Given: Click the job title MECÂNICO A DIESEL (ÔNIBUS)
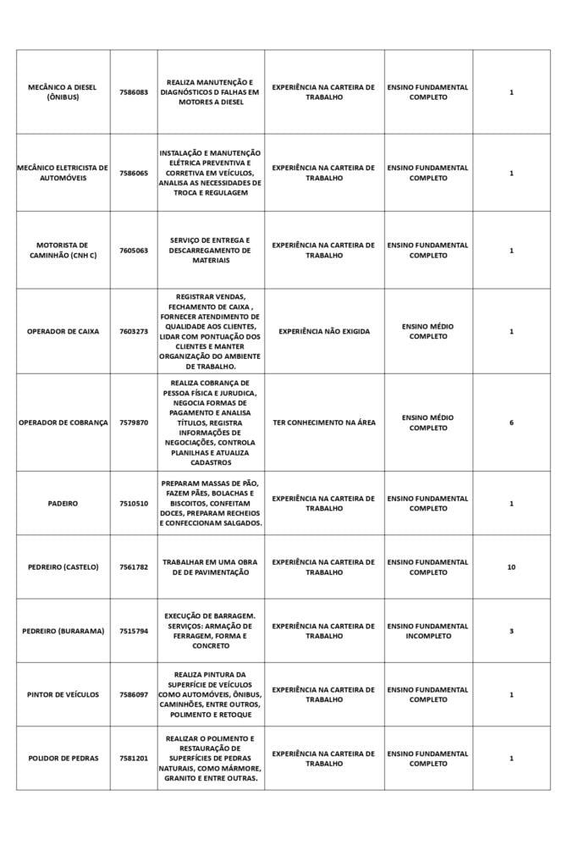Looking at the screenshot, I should pyautogui.click(x=62, y=92).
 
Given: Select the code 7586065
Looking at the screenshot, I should pyautogui.click(x=134, y=173).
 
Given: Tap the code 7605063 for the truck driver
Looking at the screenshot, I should pyautogui.click(x=134, y=251).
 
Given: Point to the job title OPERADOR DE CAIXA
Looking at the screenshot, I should pyautogui.click(x=63, y=332).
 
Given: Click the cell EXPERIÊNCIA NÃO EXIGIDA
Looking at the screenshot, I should pyautogui.click(x=324, y=332).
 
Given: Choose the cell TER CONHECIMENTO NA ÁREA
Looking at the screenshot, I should pyautogui.click(x=324, y=422).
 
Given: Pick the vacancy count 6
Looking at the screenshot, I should pyautogui.click(x=511, y=422).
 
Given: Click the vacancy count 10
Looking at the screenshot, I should pyautogui.click(x=511, y=567).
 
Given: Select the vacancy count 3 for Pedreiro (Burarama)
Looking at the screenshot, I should pyautogui.click(x=511, y=631).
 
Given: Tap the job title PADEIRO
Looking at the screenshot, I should pyautogui.click(x=63, y=504).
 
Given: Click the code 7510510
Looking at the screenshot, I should pyautogui.click(x=134, y=504).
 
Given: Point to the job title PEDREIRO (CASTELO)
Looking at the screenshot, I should pyautogui.click(x=63, y=567).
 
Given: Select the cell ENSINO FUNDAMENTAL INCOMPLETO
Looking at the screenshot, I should pyautogui.click(x=428, y=631).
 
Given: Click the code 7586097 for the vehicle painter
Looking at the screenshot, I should pyautogui.click(x=134, y=695).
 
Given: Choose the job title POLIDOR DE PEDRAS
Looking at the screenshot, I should pyautogui.click(x=63, y=759).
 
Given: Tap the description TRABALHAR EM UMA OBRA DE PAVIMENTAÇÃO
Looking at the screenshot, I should pyautogui.click(x=210, y=567).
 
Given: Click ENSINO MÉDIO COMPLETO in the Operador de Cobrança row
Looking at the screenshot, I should pyautogui.click(x=428, y=422).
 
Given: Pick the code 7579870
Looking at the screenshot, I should pyautogui.click(x=134, y=422).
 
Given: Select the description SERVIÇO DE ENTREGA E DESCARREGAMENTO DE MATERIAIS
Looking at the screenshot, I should pyautogui.click(x=210, y=251).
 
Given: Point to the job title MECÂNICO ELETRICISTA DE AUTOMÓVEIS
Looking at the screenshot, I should pyautogui.click(x=63, y=173).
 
